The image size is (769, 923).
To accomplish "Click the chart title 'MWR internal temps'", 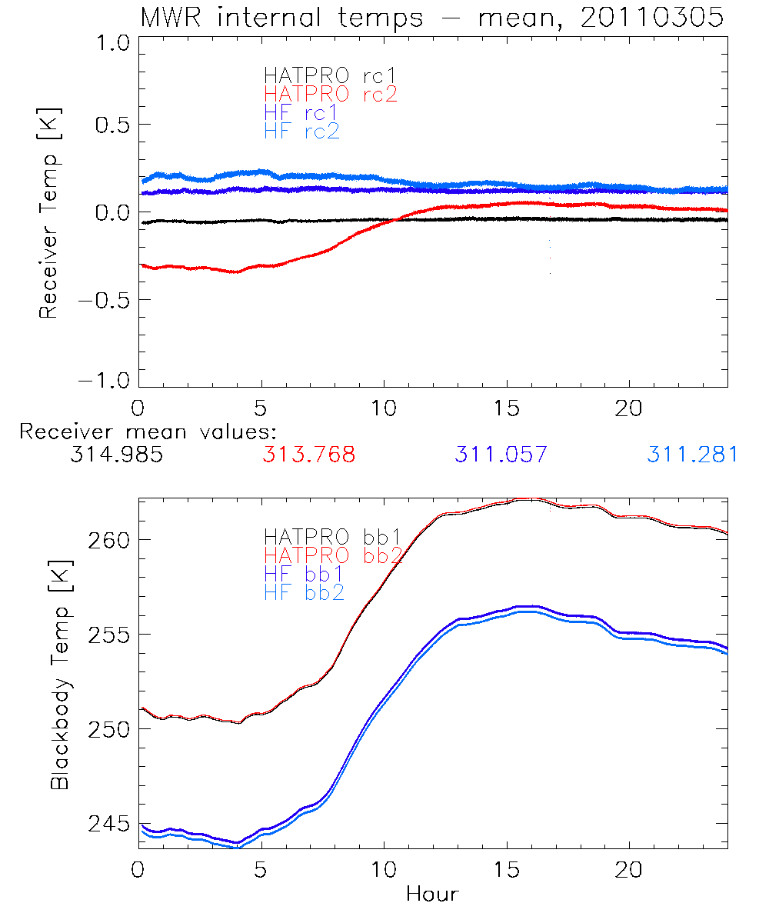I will point(281,18).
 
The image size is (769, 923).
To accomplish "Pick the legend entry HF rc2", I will point(301,131).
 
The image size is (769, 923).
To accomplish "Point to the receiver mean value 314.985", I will point(116,455).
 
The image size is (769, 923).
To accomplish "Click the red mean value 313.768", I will point(308,455).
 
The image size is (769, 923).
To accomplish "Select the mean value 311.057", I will point(501,455).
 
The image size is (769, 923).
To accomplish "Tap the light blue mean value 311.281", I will point(692,455).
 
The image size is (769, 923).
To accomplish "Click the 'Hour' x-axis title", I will point(432,895).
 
